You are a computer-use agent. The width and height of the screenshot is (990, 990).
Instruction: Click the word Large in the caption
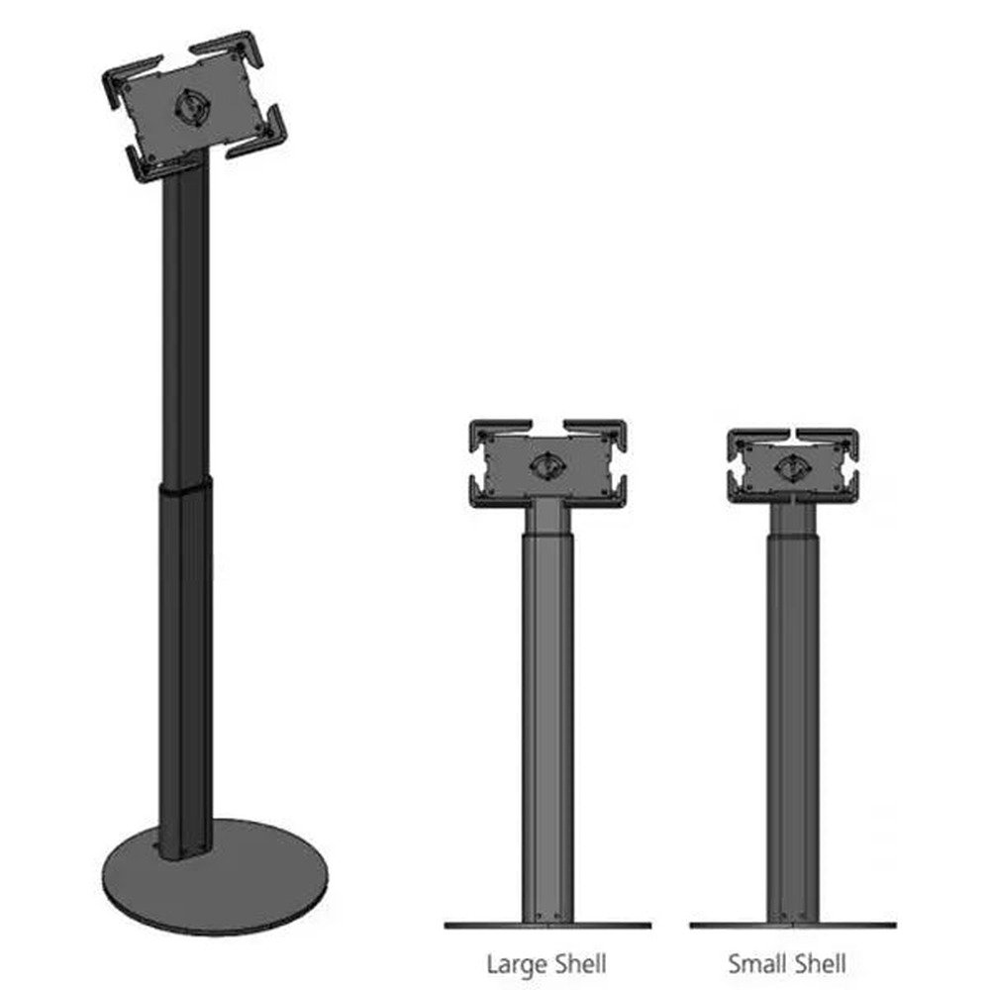[x=513, y=962]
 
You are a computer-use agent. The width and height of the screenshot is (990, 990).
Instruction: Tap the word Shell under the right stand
[x=817, y=962]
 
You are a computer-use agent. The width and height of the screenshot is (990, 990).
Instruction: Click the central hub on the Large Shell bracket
[x=545, y=463]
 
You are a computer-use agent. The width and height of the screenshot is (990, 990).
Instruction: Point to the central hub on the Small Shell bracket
[x=791, y=464]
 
